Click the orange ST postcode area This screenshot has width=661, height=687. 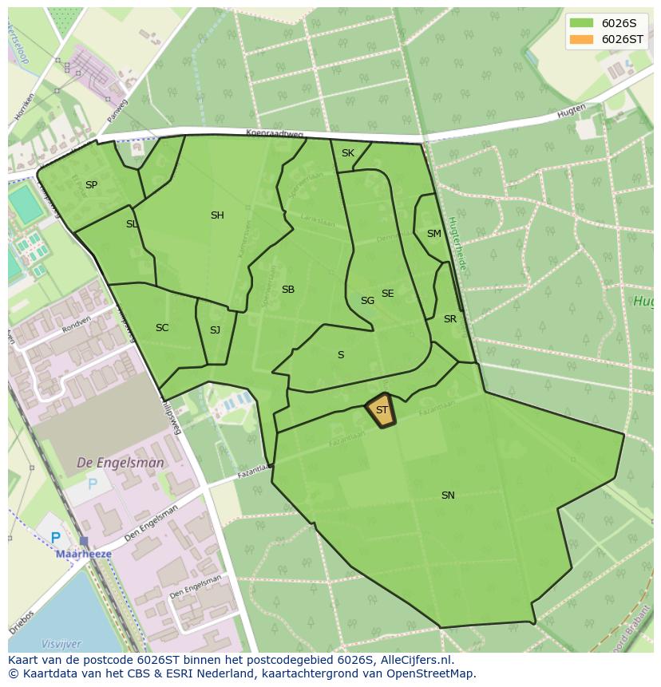[381, 410]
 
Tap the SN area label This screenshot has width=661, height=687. [448, 496]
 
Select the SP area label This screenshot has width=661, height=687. [91, 185]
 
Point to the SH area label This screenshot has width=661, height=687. [217, 215]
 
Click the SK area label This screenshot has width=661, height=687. [347, 153]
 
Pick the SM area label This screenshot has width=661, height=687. [433, 234]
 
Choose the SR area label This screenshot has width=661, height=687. [450, 319]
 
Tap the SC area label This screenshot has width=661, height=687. [162, 328]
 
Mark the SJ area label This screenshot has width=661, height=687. [215, 330]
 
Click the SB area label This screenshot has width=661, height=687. [288, 290]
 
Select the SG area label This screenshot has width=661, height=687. [367, 301]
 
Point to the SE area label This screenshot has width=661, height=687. [387, 294]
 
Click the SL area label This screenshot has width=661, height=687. [132, 224]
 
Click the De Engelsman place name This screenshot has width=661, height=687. [121, 463]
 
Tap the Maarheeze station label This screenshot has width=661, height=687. [83, 554]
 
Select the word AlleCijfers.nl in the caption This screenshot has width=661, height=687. [415, 661]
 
